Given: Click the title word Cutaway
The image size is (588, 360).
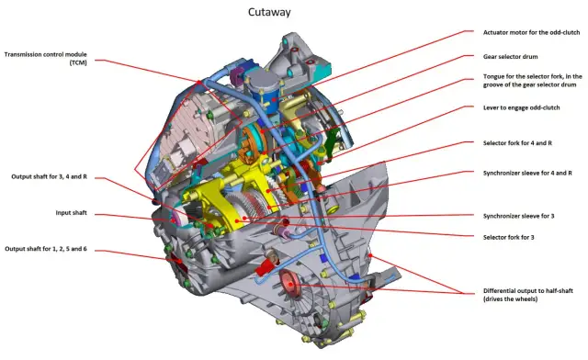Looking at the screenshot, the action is point(269,12).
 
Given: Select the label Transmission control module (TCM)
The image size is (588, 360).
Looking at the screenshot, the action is point(45,59).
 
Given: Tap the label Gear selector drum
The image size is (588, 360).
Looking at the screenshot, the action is point(511,57).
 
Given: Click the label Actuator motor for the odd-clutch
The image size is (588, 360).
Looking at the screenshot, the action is point(531,33).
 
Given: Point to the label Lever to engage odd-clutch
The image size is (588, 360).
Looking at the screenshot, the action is point(521,107).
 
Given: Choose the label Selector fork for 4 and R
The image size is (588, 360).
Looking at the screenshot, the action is point(517,143).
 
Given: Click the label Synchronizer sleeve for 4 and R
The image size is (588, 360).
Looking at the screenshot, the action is point(527,173).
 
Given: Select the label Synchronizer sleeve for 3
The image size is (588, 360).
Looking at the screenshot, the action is point(518,216).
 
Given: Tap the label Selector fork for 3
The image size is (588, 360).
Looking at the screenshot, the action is point(508,237).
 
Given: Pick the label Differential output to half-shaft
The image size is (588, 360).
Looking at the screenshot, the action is point(528,295).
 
